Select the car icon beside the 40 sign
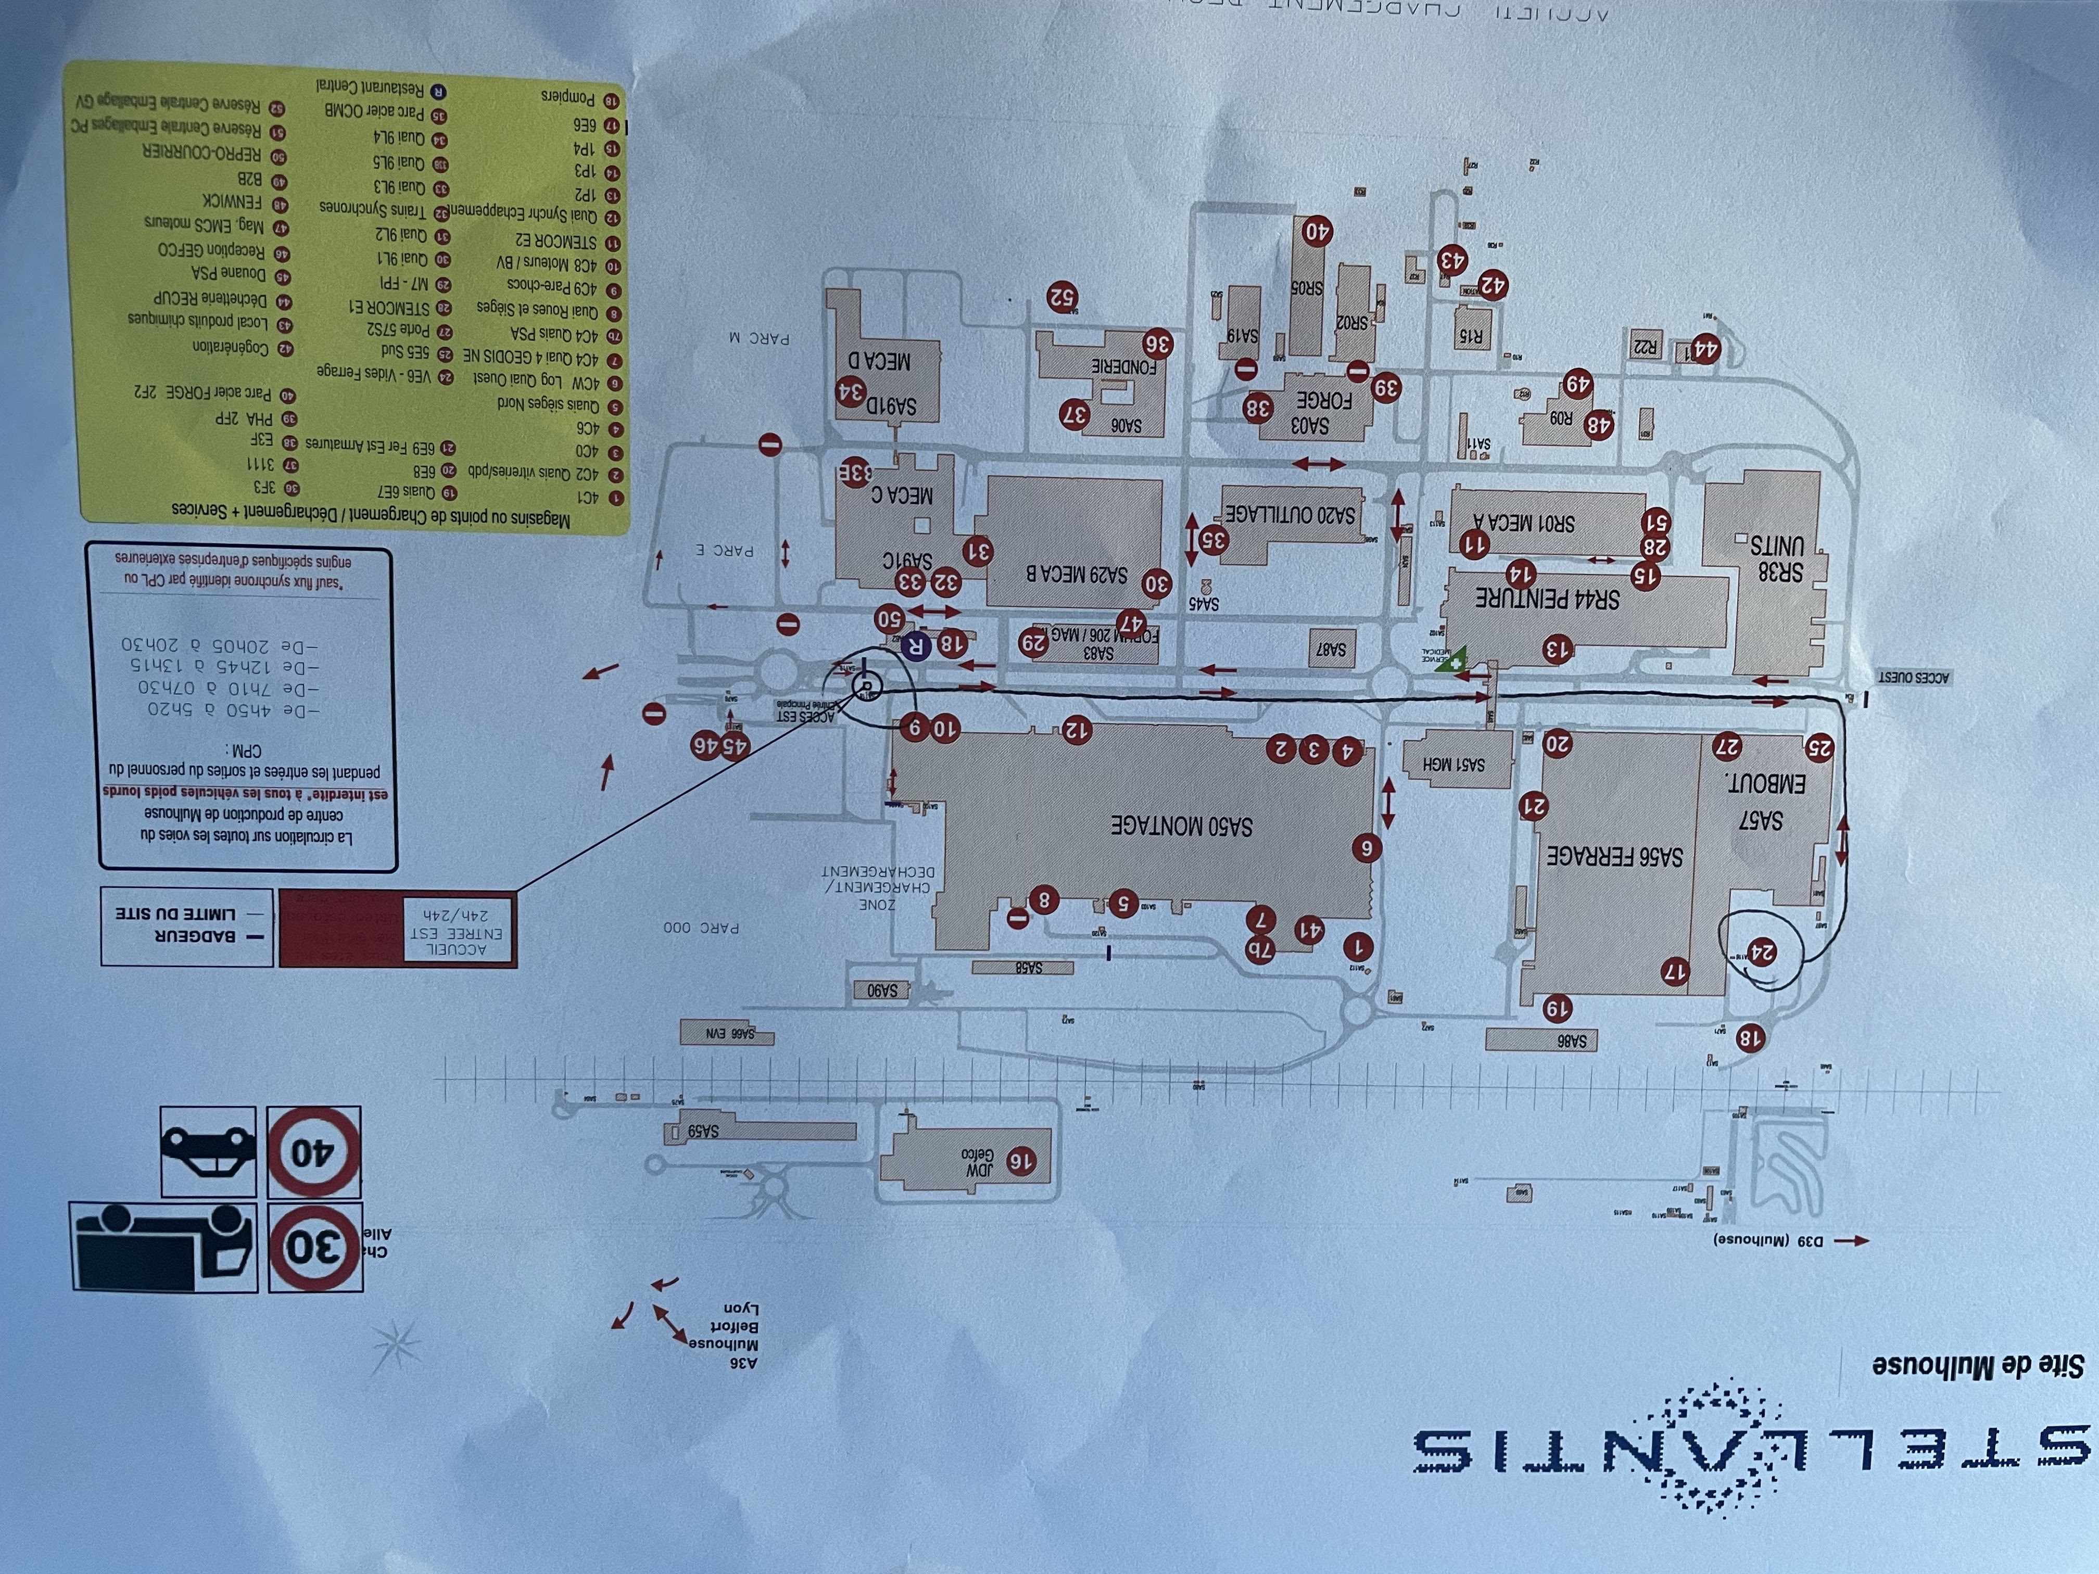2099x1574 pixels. (208, 1151)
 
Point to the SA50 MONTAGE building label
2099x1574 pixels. (1181, 826)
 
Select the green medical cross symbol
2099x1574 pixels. (1450, 661)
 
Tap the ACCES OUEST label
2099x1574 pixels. (1913, 677)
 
